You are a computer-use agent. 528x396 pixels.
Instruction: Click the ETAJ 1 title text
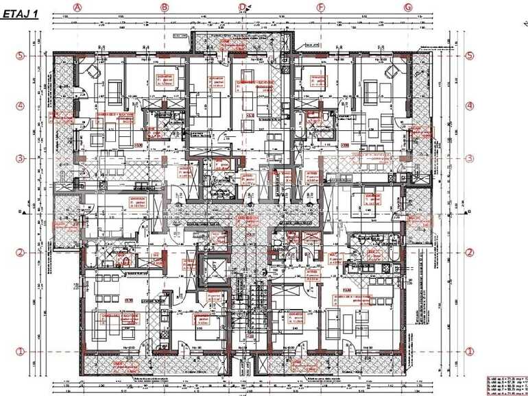[20, 12]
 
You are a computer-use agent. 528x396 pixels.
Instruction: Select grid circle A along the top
[77, 7]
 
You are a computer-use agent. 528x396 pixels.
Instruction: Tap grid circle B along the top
[164, 7]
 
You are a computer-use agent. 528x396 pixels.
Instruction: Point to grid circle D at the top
[243, 7]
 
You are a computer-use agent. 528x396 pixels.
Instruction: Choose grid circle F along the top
[320, 7]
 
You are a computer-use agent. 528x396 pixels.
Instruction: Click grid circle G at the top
[407, 7]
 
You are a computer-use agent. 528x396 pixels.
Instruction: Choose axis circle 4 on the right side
[470, 106]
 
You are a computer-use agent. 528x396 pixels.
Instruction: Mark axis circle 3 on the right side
[470, 158]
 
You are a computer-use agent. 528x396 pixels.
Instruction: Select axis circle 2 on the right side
[470, 252]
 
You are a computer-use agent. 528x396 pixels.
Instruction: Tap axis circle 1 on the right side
[470, 351]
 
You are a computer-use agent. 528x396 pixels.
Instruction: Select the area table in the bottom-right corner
[506, 385]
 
